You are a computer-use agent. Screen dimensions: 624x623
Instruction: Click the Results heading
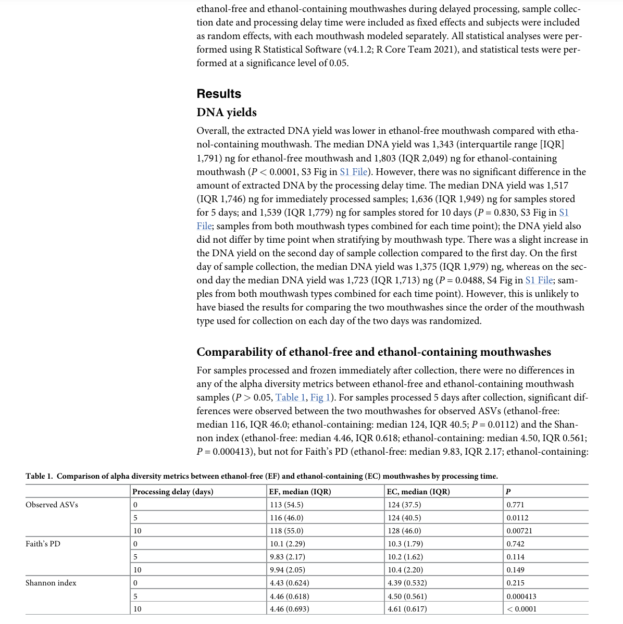(x=219, y=94)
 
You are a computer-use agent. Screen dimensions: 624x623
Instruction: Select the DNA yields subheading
(x=227, y=113)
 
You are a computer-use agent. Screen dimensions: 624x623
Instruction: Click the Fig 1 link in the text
(x=320, y=397)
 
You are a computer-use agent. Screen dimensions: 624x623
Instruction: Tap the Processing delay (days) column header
(x=173, y=492)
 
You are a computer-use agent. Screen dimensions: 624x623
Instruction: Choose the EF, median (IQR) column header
(x=300, y=492)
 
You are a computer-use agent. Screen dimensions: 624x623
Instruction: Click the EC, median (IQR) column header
(x=419, y=492)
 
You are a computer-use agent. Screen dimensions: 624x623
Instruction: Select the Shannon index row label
(x=51, y=583)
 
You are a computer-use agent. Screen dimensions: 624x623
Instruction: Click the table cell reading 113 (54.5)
(x=286, y=505)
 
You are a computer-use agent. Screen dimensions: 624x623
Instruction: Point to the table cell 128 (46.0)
(x=404, y=531)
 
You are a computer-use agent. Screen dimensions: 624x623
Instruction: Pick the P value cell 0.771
(x=515, y=505)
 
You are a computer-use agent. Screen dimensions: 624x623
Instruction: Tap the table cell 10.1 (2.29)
(x=288, y=544)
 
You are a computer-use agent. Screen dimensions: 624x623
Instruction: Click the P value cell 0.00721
(x=519, y=531)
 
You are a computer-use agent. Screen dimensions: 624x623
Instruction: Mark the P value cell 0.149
(x=515, y=570)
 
